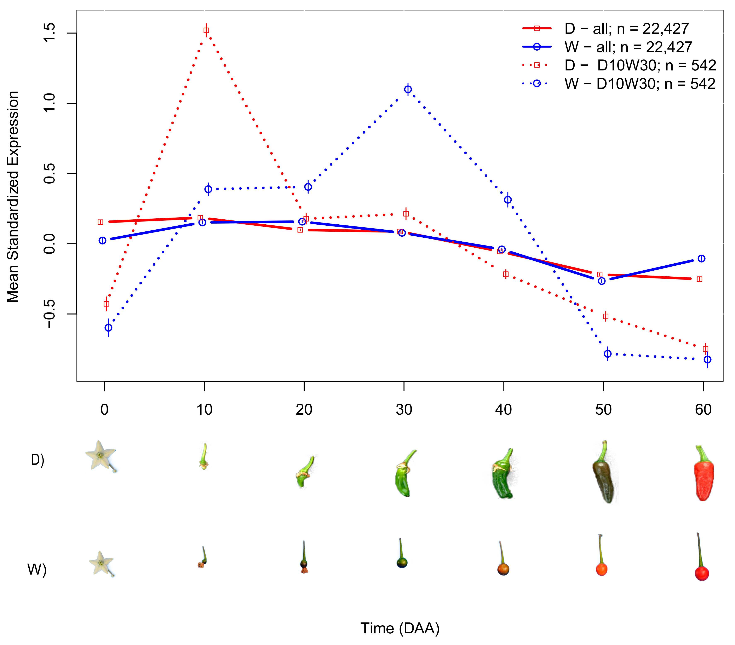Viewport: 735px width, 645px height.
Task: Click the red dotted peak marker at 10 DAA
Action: (206, 30)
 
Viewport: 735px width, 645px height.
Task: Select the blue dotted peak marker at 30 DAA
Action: (408, 89)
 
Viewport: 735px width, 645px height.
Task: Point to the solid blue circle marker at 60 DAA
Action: (701, 259)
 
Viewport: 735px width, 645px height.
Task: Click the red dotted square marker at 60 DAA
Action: (706, 349)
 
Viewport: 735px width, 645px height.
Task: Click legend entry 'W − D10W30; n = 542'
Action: (639, 84)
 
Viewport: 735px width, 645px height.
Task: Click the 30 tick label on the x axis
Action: (404, 409)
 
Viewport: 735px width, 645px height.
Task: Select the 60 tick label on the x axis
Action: (703, 409)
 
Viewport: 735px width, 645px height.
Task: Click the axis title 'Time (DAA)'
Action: (400, 628)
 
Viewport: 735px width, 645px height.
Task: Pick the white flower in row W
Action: (101, 563)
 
